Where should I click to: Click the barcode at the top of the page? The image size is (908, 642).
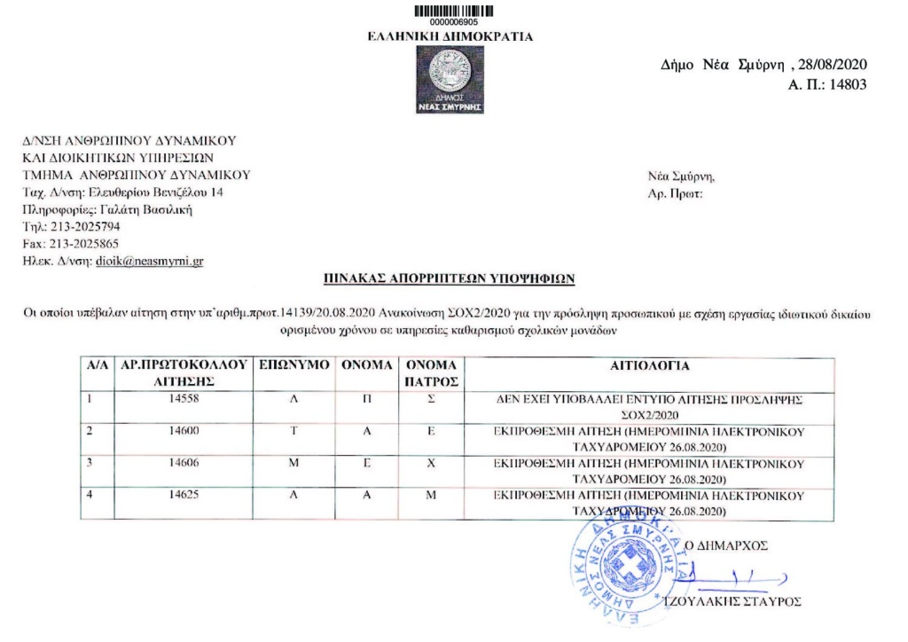click(453, 10)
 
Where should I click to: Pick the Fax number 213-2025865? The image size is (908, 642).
click(81, 243)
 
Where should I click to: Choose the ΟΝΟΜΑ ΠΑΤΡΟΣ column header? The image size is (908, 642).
click(431, 373)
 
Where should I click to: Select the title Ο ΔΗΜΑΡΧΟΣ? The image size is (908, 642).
click(730, 544)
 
